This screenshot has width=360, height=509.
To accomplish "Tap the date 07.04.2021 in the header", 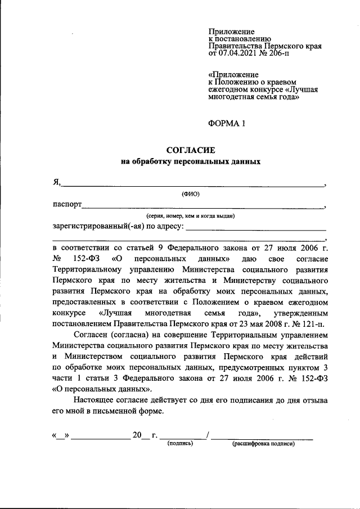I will point(236,55).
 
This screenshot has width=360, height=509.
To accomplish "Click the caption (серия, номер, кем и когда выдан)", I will point(191,215).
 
